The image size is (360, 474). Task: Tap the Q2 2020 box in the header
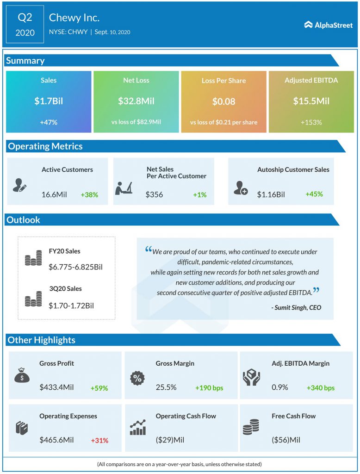coord(25,25)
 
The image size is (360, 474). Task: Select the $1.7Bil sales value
coord(48,101)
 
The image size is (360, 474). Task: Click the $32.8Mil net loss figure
coord(136,101)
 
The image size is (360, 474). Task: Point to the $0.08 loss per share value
coord(223,101)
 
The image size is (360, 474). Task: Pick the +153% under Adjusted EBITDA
coord(311,123)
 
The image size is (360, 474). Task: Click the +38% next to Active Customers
coord(89,195)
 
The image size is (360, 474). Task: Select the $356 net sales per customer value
coord(154,195)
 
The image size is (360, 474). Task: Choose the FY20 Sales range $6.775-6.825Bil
coord(75,267)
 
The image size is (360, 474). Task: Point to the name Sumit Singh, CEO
coord(296,307)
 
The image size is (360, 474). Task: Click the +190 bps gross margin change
coord(209,388)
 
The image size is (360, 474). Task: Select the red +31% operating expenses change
coord(99,440)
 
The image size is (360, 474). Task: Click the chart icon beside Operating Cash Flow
coord(138,428)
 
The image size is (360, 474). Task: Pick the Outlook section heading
coord(23,220)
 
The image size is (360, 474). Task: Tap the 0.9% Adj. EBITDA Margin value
coord(279,387)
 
